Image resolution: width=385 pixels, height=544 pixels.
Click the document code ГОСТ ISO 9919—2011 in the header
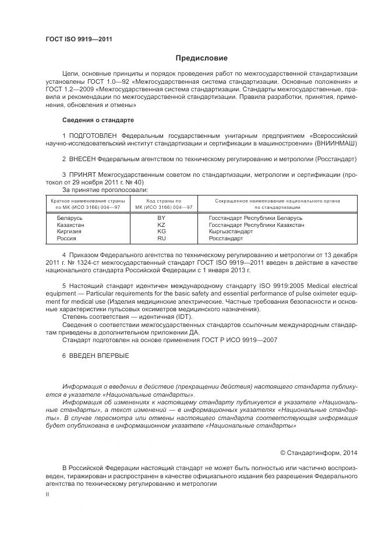click(x=79, y=39)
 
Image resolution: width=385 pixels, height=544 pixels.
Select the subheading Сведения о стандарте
click(x=98, y=120)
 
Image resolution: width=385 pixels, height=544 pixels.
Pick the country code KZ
click(x=161, y=224)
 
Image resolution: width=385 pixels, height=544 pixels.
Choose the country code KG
click(x=161, y=231)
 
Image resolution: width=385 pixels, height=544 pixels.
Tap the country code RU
click(x=161, y=238)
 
